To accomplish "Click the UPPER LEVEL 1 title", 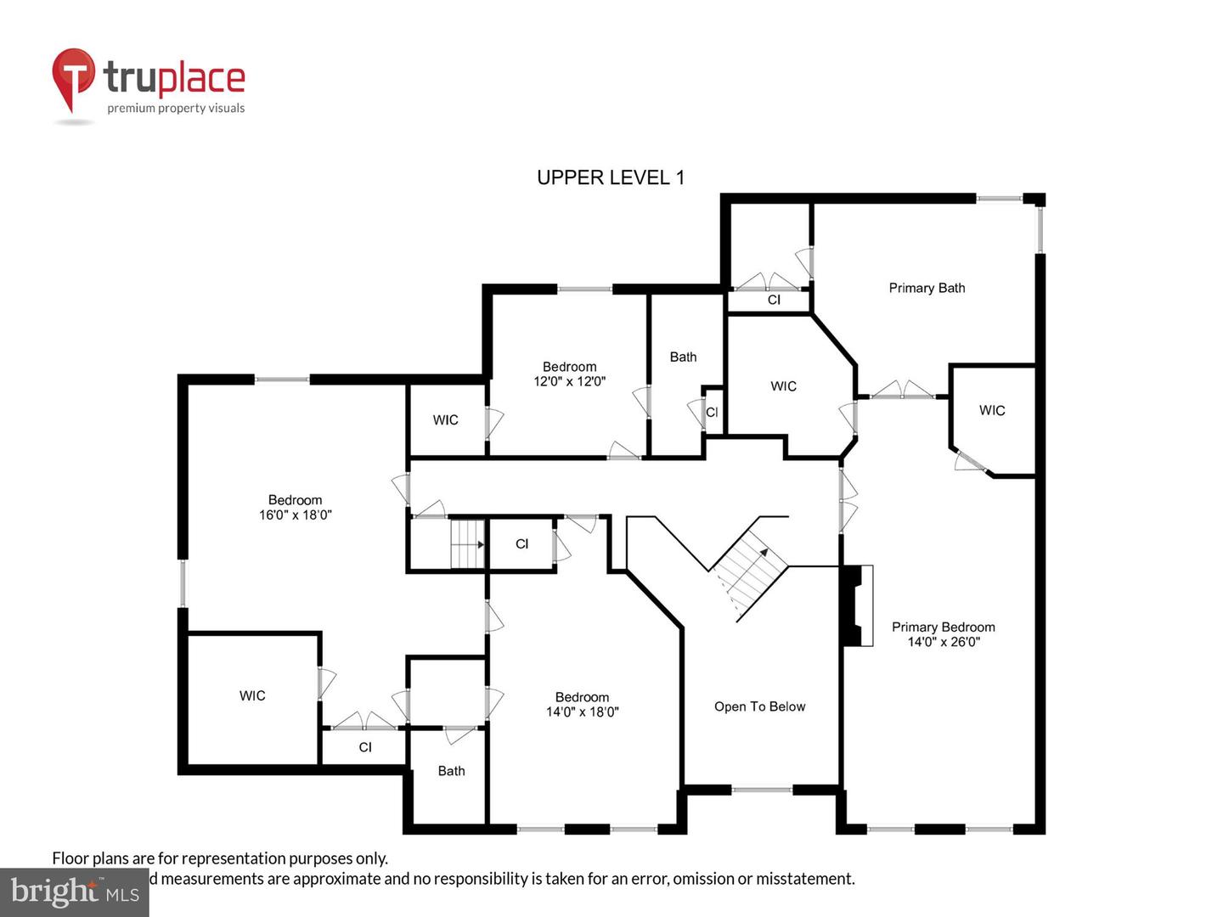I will tap(610, 177).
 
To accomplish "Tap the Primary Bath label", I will tap(927, 288).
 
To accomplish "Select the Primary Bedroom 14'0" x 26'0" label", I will tap(943, 634).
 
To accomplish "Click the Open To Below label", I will tap(759, 706).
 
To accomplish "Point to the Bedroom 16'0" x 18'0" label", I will tap(295, 507).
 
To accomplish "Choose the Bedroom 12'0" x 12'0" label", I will tap(569, 374).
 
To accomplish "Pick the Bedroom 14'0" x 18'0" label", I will tap(582, 705).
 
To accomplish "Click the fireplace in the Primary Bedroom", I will tap(856, 605).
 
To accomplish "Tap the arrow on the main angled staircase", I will tap(763, 553).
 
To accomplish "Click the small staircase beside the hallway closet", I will tap(466, 543).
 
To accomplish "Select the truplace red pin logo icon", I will tap(73, 78).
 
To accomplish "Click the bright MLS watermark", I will tap(74, 892).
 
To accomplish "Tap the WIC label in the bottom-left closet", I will tap(252, 695).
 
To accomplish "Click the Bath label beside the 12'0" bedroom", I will tap(683, 357).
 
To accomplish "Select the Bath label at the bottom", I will tap(451, 771).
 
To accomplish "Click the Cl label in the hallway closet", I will tap(521, 543).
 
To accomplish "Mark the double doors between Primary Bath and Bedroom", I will tap(902, 392).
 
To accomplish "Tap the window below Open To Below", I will tap(762, 790).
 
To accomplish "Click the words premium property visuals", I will tap(176, 108).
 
